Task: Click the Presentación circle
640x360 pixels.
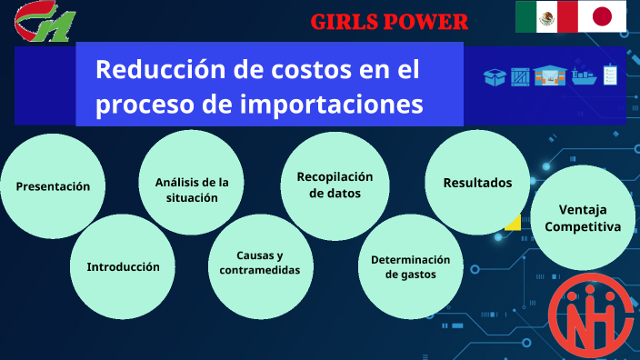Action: point(53,186)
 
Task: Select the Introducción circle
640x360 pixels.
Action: point(123,267)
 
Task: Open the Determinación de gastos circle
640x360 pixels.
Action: point(410,266)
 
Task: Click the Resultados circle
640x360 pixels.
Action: point(477,183)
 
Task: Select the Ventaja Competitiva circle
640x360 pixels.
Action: point(583,218)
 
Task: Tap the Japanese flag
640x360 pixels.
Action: point(603,17)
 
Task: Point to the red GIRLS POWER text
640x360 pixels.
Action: point(390,22)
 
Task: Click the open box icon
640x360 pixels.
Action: point(495,77)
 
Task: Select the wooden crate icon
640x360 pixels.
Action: point(520,77)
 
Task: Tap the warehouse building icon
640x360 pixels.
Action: point(550,76)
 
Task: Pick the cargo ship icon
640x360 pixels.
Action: point(584,76)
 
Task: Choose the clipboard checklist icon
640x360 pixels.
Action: point(611,75)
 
